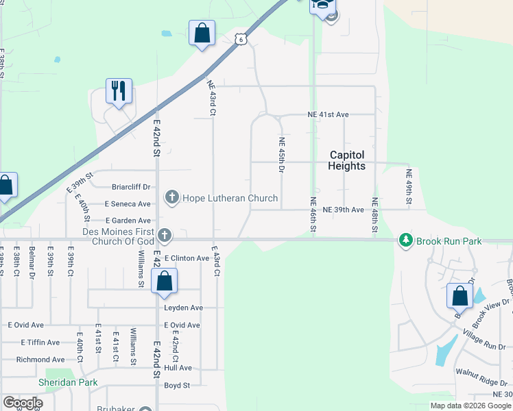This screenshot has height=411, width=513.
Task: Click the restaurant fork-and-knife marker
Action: click(119, 90)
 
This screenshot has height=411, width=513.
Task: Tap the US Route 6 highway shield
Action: click(240, 40)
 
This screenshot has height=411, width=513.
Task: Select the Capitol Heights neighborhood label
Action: click(346, 161)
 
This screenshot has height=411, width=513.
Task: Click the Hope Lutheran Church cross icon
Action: click(171, 198)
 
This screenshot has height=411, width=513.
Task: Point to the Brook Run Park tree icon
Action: click(406, 240)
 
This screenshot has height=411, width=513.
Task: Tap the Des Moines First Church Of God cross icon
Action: click(164, 236)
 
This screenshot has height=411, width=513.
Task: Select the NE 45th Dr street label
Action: click(281, 155)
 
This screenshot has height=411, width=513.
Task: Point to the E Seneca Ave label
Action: click(128, 204)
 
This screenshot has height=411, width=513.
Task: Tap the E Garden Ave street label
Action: click(128, 221)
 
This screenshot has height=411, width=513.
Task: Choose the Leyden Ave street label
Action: click(184, 308)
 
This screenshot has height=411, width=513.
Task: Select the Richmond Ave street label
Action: click(40, 359)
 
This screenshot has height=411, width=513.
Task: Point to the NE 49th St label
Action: click(408, 187)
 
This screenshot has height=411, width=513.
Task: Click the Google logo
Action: click(23, 403)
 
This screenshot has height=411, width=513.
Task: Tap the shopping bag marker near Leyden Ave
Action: click(164, 281)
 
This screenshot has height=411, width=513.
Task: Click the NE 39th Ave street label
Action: click(343, 210)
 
